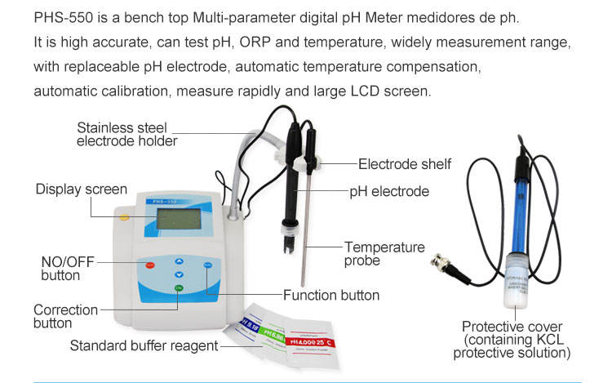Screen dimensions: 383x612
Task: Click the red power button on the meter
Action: (x=149, y=265)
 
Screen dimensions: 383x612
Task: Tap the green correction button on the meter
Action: (x=179, y=287)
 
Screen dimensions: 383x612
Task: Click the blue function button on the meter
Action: (x=208, y=265)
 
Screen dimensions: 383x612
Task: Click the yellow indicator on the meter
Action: (x=124, y=216)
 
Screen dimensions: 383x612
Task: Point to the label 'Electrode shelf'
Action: (x=404, y=164)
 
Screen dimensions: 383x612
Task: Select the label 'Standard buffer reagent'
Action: (x=144, y=345)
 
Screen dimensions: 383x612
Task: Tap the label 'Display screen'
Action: (x=81, y=189)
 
